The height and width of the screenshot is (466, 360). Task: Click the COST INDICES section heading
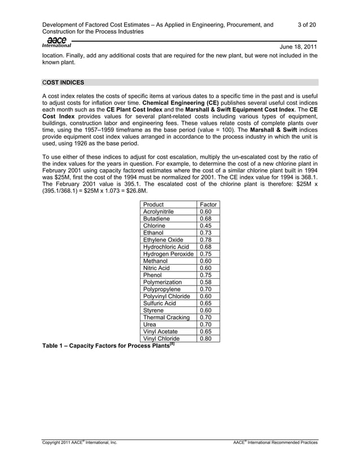coord(63,82)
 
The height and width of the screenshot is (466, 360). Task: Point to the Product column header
coord(153,204)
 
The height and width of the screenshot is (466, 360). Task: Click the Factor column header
coord(207,204)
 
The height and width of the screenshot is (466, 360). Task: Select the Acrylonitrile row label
coord(159,212)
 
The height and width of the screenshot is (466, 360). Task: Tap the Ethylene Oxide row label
coord(163,240)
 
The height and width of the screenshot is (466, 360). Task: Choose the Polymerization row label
coord(163,282)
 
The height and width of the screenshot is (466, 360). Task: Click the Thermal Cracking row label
coord(166,318)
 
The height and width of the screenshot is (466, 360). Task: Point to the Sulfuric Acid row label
coord(160,304)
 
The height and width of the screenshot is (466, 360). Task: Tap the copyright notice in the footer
coord(80,443)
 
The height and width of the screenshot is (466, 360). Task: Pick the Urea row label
coord(150,325)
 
